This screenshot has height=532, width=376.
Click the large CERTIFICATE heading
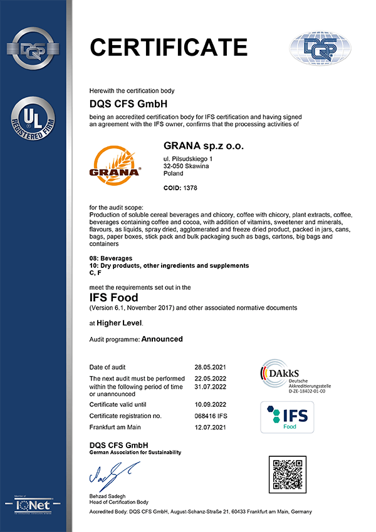[x=169, y=47]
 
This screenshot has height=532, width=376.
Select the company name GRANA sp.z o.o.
[x=203, y=146]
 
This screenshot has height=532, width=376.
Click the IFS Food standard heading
[x=113, y=298]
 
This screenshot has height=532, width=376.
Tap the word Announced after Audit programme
[x=162, y=339]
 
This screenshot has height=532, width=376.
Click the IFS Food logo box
[x=287, y=417]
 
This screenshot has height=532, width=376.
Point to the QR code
[x=288, y=476]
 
